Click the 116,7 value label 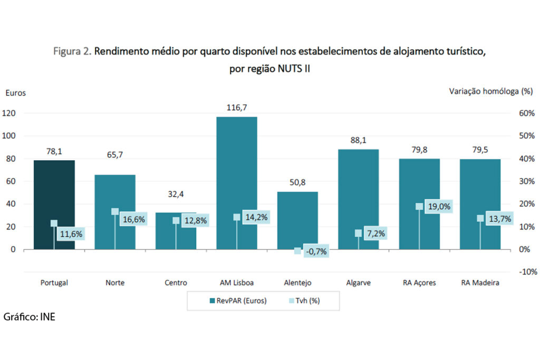237,108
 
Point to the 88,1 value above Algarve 358,140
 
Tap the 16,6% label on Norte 132,219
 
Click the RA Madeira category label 480,283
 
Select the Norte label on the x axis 115,283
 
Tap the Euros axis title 15,93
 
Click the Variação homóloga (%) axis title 490,91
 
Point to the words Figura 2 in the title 73,53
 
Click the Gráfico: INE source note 30,317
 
